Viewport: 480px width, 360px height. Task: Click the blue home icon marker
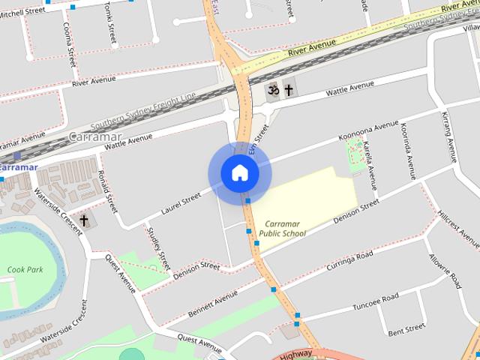[x=239, y=173]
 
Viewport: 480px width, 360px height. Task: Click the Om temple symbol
[x=274, y=90]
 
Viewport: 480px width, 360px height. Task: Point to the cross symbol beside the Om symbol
[x=288, y=90]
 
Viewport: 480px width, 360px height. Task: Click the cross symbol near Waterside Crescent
[x=84, y=220]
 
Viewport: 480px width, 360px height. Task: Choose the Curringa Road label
[x=349, y=262]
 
